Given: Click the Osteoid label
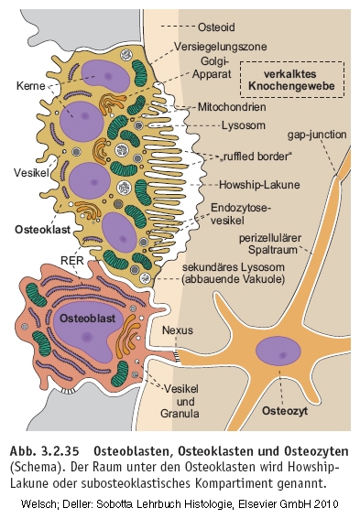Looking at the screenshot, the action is [216, 27].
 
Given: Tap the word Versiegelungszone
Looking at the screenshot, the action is [220, 47].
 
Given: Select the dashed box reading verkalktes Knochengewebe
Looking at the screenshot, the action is [292, 80].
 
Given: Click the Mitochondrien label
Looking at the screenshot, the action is [232, 107].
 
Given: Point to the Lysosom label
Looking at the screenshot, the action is [244, 125].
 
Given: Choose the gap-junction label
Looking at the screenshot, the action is [317, 135].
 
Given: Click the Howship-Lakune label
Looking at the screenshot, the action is [259, 184].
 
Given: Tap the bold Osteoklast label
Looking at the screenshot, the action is [43, 230].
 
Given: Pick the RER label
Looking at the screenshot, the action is [71, 260].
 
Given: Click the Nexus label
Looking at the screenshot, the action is [178, 330].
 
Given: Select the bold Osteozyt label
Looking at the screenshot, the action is [285, 411].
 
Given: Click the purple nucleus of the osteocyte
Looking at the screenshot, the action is [278, 351].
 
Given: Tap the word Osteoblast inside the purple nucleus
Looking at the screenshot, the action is [87, 319].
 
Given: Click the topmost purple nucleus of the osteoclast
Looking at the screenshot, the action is [105, 76].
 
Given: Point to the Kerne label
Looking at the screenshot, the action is [30, 86].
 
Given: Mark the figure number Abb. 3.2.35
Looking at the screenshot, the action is [45, 451].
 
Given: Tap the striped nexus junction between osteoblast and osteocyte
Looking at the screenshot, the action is [179, 355].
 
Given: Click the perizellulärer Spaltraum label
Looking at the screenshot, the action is [270, 243].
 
